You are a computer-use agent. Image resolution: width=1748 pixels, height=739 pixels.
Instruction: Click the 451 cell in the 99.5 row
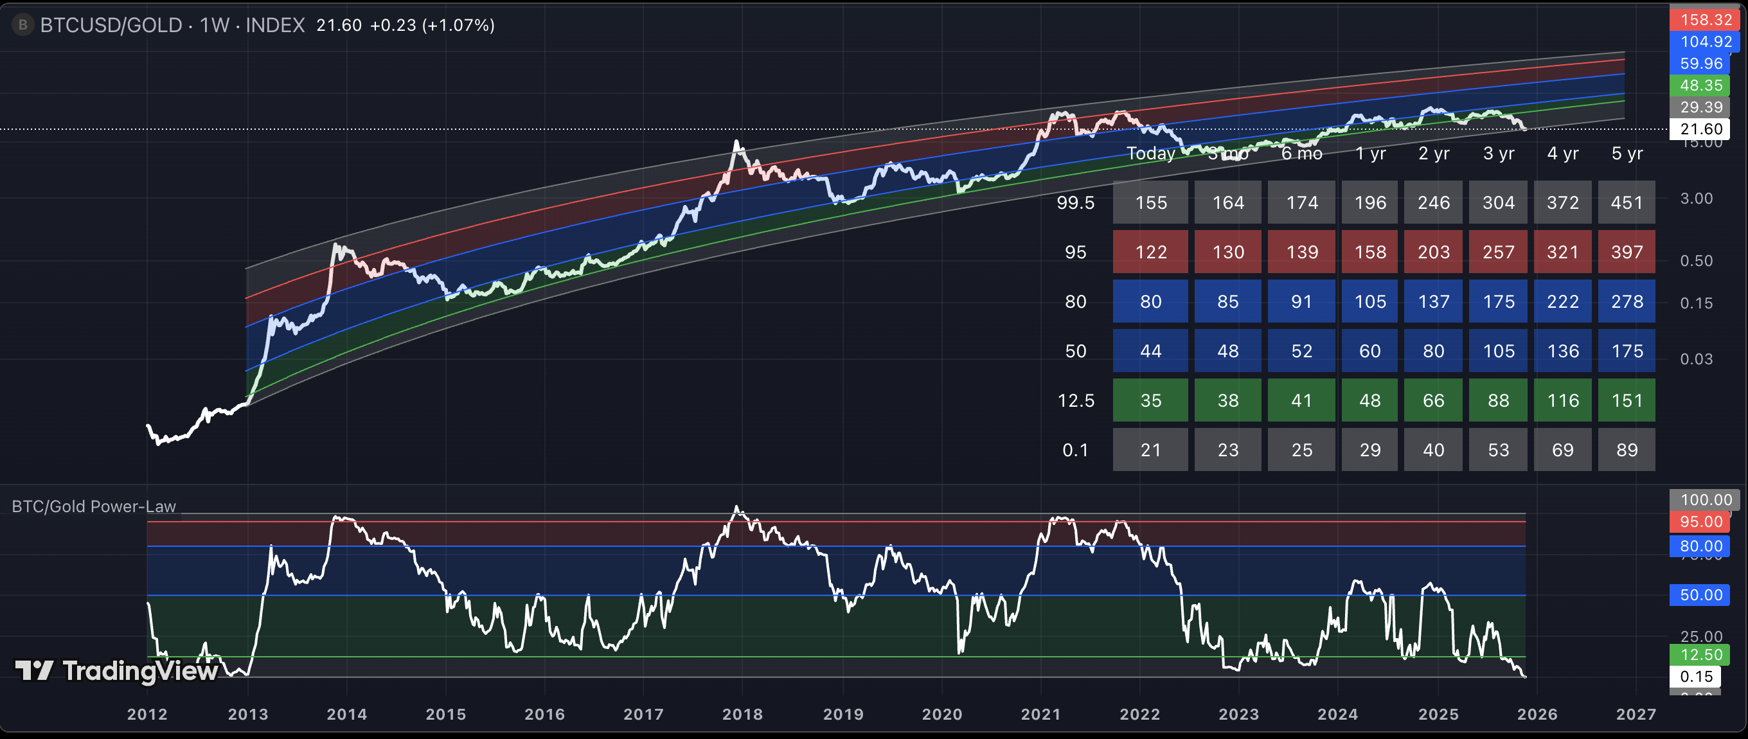tap(1627, 202)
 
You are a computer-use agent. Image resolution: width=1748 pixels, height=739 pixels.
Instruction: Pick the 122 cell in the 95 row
tap(1150, 252)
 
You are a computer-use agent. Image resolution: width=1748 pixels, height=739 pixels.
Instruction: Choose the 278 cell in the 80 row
tap(1627, 301)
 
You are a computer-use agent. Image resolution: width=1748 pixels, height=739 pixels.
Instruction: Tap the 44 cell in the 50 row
tap(1150, 351)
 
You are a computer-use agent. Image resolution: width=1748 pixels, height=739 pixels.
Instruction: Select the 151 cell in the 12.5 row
tap(1627, 400)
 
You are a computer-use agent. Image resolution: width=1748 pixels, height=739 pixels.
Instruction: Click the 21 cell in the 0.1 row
tap(1150, 450)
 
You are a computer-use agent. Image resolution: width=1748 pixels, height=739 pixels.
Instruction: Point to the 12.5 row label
tap(1076, 400)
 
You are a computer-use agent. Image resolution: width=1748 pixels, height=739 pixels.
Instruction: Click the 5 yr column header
tap(1627, 154)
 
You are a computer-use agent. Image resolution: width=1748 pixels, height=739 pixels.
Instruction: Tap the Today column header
tap(1150, 154)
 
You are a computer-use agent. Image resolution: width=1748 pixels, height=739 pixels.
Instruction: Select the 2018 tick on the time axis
tap(742, 714)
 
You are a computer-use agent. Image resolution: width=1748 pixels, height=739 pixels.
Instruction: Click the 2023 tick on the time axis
tap(1238, 714)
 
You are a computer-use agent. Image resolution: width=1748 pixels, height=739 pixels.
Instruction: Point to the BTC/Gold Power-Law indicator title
tap(94, 506)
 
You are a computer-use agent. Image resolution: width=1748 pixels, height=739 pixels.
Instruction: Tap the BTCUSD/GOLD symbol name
tap(111, 25)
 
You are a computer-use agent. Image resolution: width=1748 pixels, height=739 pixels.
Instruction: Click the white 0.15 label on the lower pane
tap(1697, 677)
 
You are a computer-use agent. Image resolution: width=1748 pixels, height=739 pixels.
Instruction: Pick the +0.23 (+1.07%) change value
tap(432, 25)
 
